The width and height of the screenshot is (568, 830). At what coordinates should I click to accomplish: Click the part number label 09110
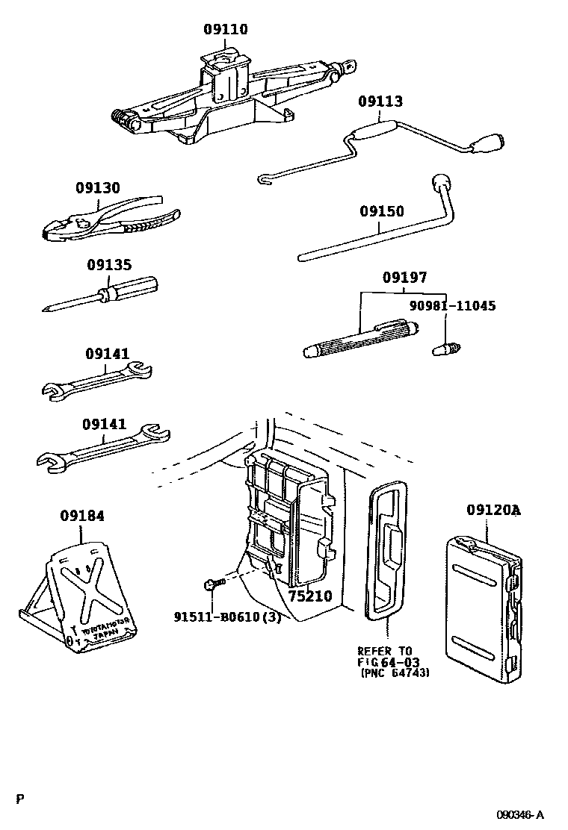(225, 30)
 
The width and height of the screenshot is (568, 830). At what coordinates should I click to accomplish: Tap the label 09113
(380, 102)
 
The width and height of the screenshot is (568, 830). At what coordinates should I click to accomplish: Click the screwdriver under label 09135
(105, 293)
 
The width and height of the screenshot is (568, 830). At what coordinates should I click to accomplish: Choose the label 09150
(381, 212)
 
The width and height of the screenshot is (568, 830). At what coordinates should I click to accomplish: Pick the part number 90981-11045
(452, 305)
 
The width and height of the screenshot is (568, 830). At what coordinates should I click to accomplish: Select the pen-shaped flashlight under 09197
(362, 338)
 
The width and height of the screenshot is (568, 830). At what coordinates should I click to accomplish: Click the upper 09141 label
(107, 354)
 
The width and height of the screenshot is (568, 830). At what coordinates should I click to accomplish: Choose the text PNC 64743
(395, 673)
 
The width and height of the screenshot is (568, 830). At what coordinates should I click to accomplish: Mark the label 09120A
(493, 511)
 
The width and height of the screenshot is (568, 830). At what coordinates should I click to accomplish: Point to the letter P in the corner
(20, 799)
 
